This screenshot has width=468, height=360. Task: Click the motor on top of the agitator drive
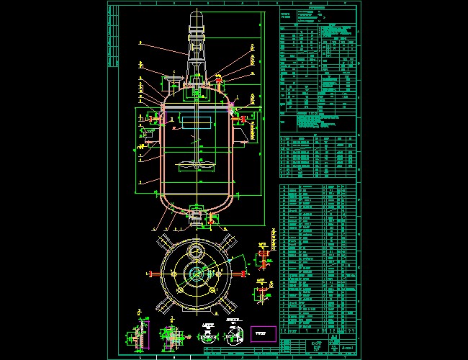[197, 22]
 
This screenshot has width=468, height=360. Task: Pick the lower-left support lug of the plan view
[164, 305]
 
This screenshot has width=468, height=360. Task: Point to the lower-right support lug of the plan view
[229, 305]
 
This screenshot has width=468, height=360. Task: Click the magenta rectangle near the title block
[263, 333]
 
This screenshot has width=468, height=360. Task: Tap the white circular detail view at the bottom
[234, 336]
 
